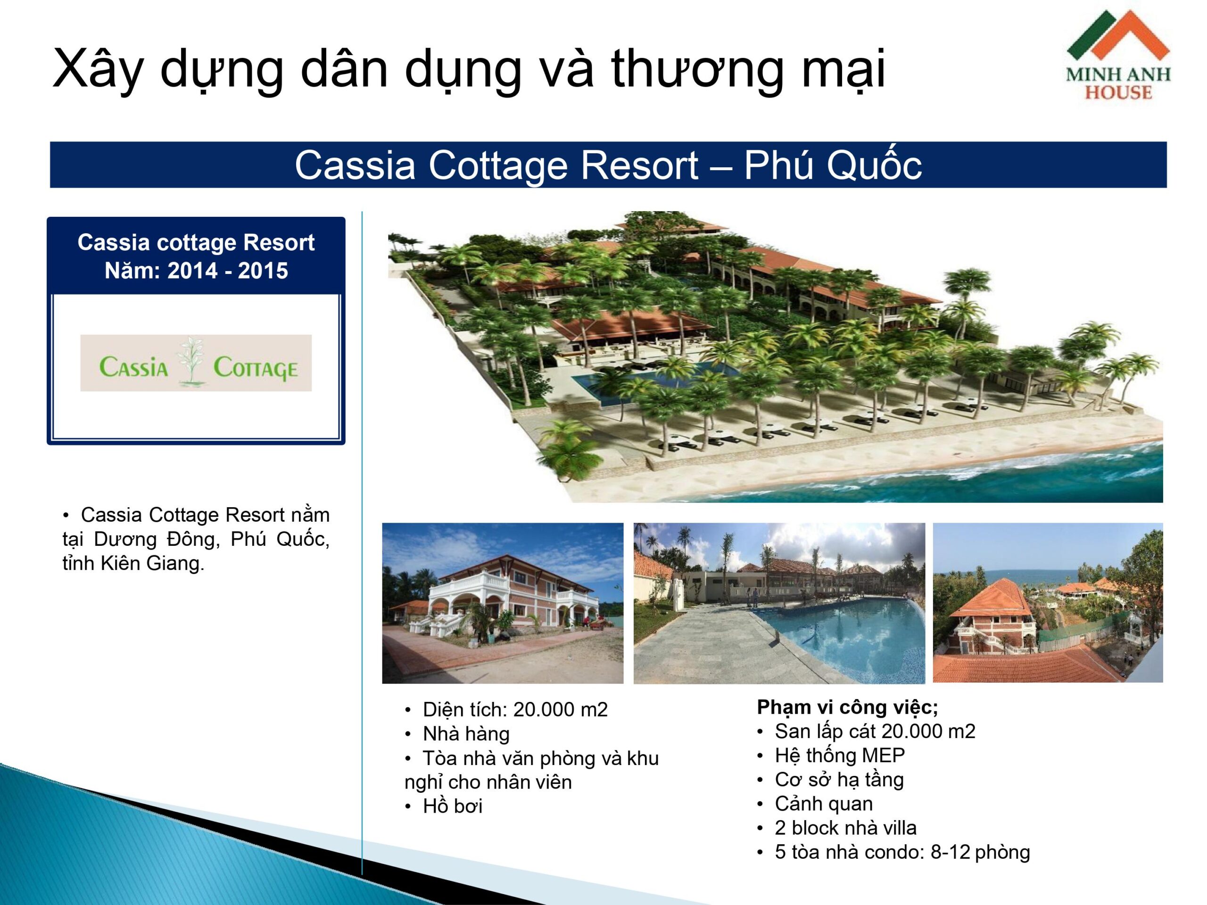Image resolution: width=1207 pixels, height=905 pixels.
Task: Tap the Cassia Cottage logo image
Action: tap(196, 363)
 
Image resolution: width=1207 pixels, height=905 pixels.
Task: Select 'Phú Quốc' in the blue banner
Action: tap(833, 165)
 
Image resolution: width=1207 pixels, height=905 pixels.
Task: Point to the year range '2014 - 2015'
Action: tap(228, 271)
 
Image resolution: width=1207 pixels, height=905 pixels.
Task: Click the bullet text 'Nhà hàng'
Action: tap(466, 734)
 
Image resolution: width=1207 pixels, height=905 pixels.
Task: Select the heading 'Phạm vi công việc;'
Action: tap(847, 708)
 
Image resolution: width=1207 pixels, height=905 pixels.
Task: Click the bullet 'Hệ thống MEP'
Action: tap(840, 756)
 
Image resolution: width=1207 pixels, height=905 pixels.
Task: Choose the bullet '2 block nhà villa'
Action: tap(846, 828)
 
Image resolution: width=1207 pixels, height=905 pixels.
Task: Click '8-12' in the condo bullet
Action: tap(950, 852)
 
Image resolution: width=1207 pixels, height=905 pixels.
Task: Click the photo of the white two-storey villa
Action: tap(503, 603)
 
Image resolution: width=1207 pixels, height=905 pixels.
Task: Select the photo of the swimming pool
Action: tap(779, 603)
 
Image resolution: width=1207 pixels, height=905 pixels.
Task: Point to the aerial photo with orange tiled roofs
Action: tap(1048, 603)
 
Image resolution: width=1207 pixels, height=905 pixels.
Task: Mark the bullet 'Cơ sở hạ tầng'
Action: tap(839, 780)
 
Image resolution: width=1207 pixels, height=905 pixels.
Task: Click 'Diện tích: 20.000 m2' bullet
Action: tap(515, 710)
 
